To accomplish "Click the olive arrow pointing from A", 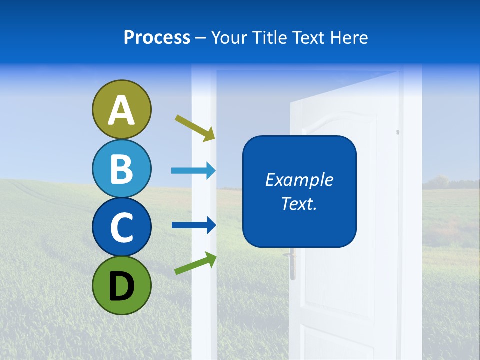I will pos(195,128).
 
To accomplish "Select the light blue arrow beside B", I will pos(193,171).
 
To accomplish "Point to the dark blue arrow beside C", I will pos(193,225).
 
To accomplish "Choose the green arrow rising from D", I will pos(195,263).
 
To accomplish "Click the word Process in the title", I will pos(157,38).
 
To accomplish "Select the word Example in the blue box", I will pos(299,180).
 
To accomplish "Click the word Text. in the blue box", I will pos(299,204).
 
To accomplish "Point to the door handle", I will pos(291,265).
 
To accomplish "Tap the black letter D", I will pos(121,287).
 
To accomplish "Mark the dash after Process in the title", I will pos(201,38).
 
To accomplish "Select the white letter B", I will pos(121,169).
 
